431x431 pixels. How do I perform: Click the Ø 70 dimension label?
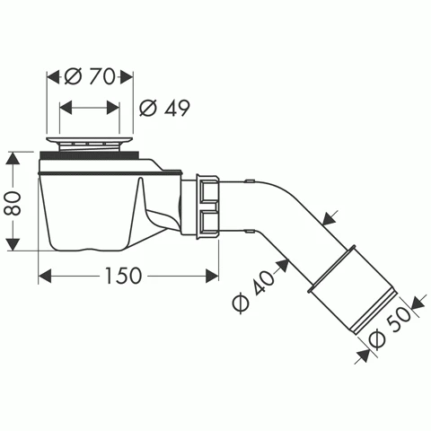pyautogui.click(x=90, y=76)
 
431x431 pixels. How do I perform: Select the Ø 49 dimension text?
pyautogui.click(x=164, y=108)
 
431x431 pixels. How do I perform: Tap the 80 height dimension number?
pyautogui.click(x=13, y=203)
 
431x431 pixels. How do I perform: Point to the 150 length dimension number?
pyautogui.click(x=123, y=276)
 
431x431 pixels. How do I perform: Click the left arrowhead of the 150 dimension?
pyautogui.click(x=45, y=276)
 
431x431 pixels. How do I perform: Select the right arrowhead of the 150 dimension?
pyautogui.click(x=212, y=276)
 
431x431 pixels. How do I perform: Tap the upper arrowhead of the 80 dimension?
pyautogui.click(x=13, y=158)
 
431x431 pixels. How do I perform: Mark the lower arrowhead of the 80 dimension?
pyautogui.click(x=13, y=244)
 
